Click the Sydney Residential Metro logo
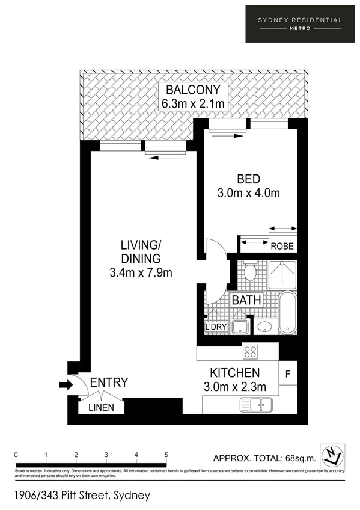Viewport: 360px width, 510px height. [x=300, y=23]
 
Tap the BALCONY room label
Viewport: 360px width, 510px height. [x=193, y=90]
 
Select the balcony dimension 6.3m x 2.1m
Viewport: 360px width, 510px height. [x=193, y=104]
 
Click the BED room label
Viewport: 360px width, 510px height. [x=248, y=179]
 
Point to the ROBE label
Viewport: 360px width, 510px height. [x=282, y=246]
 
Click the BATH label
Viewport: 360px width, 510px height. [x=246, y=300]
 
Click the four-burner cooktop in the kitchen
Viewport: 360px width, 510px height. [x=249, y=352]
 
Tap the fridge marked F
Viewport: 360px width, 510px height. [x=288, y=375]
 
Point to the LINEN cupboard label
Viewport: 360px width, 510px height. [x=102, y=408]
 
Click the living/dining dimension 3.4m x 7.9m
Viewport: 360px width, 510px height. [x=142, y=272]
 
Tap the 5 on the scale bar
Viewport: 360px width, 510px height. [x=166, y=455]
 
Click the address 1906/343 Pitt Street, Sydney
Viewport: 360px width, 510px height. [x=81, y=496]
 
